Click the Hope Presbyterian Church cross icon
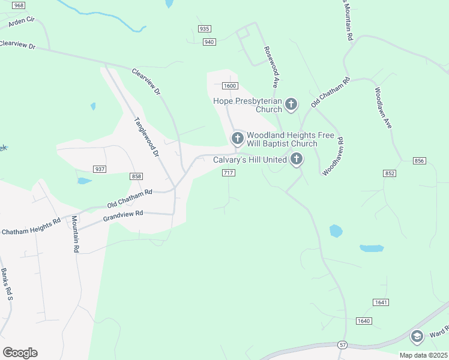291,105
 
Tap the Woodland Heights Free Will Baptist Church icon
237,139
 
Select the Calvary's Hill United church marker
296,159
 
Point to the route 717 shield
228,173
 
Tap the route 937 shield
100,169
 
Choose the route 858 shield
136,176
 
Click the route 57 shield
342,344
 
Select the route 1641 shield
381,302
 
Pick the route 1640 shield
364,321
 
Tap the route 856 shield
420,161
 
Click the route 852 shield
390,173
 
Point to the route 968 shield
19,5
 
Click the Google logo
20,352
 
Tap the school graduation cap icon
417,336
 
